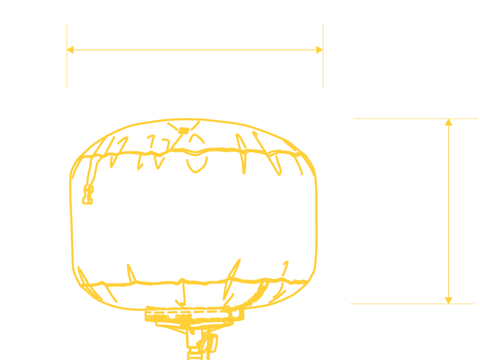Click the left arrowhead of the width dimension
click(x=70, y=50)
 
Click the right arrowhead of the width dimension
click(x=320, y=50)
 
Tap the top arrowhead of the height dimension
click(x=448, y=122)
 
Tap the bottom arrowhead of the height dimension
click(x=448, y=300)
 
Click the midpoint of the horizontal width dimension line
click(x=195, y=50)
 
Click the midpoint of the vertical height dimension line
click(x=448, y=211)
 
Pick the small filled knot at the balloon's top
click(x=184, y=130)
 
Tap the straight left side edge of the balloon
click(x=71, y=222)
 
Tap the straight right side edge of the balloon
click(x=316, y=222)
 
